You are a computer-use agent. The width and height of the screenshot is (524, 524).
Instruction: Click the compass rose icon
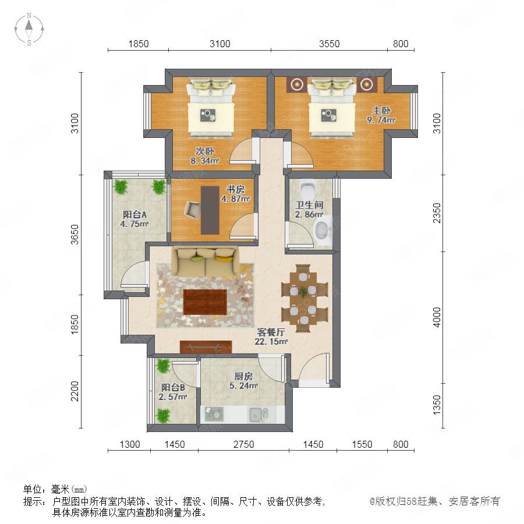[29, 29]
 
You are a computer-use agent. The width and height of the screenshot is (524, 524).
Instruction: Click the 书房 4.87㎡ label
[235, 194]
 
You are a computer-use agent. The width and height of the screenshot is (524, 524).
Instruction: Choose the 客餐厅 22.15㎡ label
[271, 337]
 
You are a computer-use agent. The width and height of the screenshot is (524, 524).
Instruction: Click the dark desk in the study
[210, 210]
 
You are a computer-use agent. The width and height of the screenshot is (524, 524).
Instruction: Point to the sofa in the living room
[205, 261]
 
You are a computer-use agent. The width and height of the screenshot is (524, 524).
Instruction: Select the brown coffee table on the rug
[205, 302]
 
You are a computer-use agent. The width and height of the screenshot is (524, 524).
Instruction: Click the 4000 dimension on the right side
[437, 317]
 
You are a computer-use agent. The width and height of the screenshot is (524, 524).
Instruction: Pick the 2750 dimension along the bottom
[243, 444]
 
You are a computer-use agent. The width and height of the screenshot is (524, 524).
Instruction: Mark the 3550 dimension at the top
[329, 44]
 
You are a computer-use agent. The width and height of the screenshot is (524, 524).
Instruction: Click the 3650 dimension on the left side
[75, 235]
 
